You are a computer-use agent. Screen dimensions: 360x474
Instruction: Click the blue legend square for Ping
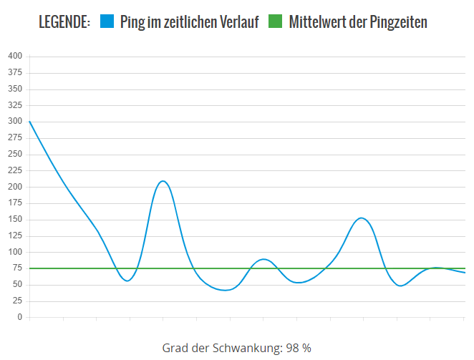(x=107, y=22)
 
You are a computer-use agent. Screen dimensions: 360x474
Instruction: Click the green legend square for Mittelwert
(x=276, y=22)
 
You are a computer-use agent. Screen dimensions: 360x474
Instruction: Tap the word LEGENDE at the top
(x=64, y=22)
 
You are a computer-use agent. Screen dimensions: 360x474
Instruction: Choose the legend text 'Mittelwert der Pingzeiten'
(x=358, y=22)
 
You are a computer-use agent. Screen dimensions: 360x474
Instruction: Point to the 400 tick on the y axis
(x=15, y=56)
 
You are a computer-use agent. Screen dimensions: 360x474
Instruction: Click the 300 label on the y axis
(x=15, y=122)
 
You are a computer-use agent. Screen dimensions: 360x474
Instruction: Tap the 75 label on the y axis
(x=17, y=268)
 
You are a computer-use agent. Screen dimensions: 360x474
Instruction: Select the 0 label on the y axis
(x=19, y=317)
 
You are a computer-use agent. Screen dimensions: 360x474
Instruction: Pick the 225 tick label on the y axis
(x=15, y=170)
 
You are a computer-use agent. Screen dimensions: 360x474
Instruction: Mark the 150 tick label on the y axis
(x=15, y=220)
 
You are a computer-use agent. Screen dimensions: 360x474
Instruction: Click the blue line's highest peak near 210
(x=163, y=181)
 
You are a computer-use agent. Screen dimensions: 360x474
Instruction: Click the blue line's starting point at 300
(x=29, y=122)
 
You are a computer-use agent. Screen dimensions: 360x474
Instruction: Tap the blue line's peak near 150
(x=362, y=218)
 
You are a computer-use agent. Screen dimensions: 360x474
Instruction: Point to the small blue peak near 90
(x=263, y=259)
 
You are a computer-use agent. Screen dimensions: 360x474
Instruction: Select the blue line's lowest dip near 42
(x=227, y=290)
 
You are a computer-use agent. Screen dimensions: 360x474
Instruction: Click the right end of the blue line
(x=465, y=273)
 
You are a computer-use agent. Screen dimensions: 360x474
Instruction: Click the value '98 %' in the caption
(x=299, y=348)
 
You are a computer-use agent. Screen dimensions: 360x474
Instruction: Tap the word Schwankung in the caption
(x=248, y=348)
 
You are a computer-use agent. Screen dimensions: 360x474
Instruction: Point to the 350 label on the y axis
(x=15, y=89)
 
